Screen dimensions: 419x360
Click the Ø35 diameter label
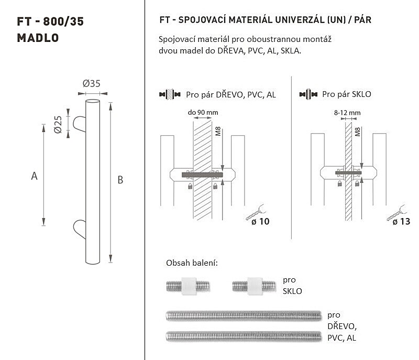click(91, 84)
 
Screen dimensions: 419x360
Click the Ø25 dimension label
click(58, 124)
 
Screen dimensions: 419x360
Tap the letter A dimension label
click(34, 176)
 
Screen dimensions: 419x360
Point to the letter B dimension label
click(120, 180)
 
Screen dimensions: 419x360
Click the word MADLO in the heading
click(38, 38)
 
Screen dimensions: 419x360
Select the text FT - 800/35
click(50, 21)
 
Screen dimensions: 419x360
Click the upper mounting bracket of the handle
click(80, 124)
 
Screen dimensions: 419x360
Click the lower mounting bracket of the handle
click(80, 230)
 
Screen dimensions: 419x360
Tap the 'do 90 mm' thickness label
click(203, 112)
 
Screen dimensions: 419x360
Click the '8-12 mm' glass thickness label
click(347, 113)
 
